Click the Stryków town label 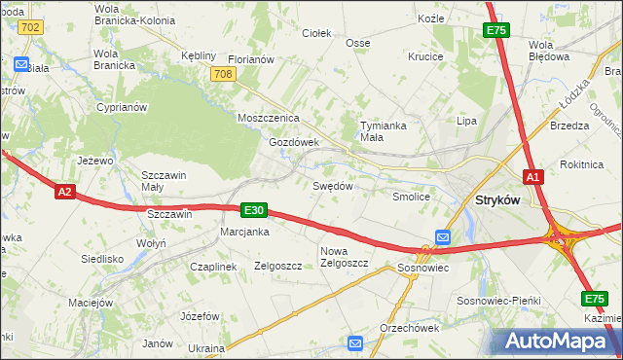(496, 199)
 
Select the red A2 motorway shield (64, 192)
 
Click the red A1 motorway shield (532, 177)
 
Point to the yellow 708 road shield (222, 74)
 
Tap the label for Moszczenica (268, 118)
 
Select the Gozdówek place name (294, 141)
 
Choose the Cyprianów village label (122, 107)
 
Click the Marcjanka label (244, 232)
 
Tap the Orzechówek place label (409, 327)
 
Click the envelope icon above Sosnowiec (443, 236)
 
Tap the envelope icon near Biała (21, 64)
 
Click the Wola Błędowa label (548, 50)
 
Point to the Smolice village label (411, 196)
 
